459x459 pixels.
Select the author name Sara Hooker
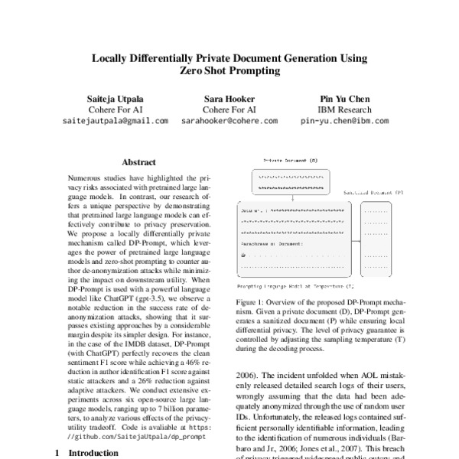coord(229,99)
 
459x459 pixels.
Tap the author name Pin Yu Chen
coord(343,99)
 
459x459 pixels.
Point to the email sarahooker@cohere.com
coord(229,121)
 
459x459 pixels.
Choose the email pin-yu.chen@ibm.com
coord(343,121)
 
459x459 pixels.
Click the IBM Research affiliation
coord(343,109)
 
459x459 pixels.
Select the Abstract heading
coord(138,162)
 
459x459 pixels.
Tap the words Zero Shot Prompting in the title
coord(229,71)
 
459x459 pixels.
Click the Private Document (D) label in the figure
coord(291,161)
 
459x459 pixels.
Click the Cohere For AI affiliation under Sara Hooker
coord(229,109)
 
